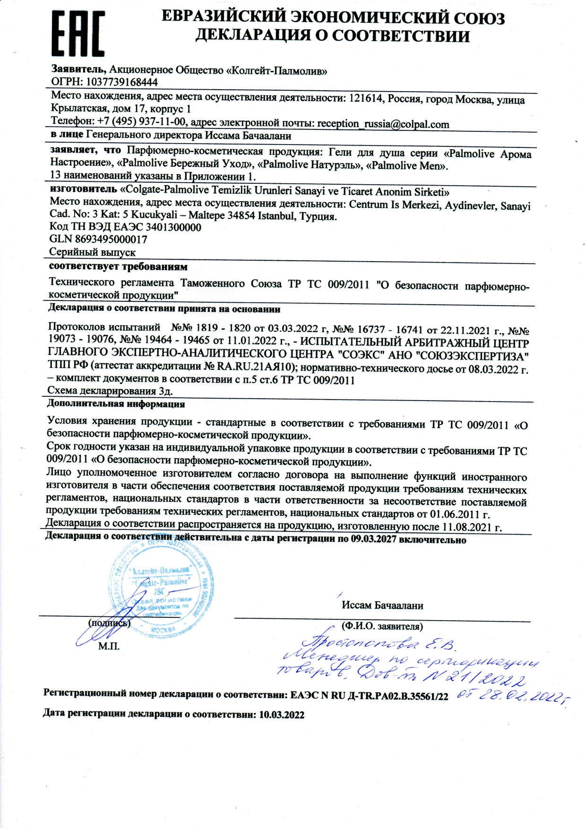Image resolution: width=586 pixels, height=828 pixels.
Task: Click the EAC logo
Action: [x=78, y=34]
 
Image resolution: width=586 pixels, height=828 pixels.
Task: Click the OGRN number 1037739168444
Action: [x=121, y=82]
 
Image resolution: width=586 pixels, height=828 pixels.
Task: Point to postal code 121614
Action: [x=367, y=98]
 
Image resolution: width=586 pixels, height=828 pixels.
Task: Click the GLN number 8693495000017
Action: [x=111, y=239]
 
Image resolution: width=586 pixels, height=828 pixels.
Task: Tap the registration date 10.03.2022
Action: [x=282, y=715]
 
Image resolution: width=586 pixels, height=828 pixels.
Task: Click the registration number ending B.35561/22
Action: [x=369, y=695]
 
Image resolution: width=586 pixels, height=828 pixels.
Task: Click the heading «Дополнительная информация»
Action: [x=116, y=404]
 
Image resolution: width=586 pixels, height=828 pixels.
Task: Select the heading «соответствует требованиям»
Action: [x=118, y=267]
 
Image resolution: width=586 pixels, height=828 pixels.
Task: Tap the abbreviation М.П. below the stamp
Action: [x=109, y=646]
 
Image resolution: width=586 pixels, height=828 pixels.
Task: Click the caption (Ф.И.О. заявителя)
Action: [x=382, y=626]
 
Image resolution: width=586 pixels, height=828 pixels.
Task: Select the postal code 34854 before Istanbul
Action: [x=240, y=216]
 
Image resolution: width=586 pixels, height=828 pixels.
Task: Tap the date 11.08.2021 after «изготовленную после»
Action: [x=465, y=527]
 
